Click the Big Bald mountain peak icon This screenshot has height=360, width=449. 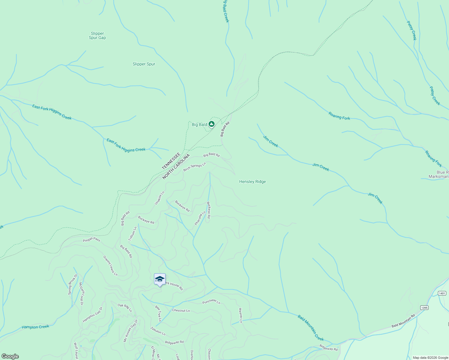point(212,124)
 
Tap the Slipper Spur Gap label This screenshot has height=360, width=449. point(97,36)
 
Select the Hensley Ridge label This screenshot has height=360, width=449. point(252,181)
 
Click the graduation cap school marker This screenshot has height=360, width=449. point(160,279)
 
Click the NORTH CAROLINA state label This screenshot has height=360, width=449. point(176,167)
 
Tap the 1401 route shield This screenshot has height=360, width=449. point(442,293)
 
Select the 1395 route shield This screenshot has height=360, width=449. point(424,307)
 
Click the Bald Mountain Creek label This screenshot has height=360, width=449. point(311,328)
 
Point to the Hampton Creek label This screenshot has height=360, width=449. point(35,327)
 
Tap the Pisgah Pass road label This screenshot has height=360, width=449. point(92,240)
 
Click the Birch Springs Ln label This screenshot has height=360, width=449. point(194,167)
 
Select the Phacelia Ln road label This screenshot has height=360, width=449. point(200,218)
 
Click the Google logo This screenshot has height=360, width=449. point(10,356)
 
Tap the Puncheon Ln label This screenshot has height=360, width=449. point(211,301)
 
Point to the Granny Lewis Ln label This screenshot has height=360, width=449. point(110,266)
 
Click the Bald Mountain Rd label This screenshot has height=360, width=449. point(403,321)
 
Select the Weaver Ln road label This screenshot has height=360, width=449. point(240,315)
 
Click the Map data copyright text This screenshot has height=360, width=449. point(430,358)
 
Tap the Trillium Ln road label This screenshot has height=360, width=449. point(132,234)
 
